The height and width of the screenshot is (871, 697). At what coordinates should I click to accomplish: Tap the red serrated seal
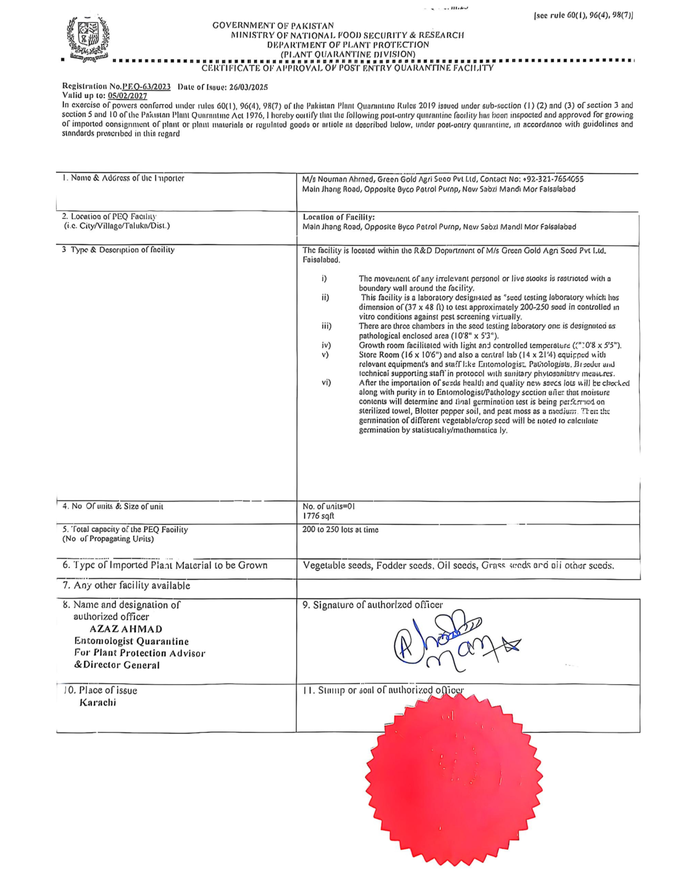[x=454, y=780]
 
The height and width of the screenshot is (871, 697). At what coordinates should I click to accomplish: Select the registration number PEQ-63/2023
[x=146, y=87]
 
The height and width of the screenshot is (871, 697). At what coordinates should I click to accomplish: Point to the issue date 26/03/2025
[x=248, y=87]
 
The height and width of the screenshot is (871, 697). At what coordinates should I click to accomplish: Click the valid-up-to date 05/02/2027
[x=127, y=96]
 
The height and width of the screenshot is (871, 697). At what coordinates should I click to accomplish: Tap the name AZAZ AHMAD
[x=126, y=629]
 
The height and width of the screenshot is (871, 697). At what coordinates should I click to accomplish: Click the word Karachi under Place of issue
[x=97, y=702]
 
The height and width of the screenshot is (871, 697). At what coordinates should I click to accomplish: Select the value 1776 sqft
[x=319, y=516]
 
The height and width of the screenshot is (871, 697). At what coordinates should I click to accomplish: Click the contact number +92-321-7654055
[x=553, y=179]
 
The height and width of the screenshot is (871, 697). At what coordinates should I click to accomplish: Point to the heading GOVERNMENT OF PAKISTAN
[x=273, y=26]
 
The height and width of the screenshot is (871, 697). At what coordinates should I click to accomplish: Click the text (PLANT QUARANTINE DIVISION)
[x=348, y=54]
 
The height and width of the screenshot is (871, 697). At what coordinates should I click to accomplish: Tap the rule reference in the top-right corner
[x=583, y=16]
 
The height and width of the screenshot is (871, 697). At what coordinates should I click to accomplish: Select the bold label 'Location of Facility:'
[x=339, y=217]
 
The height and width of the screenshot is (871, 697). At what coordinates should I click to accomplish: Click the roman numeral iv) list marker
[x=326, y=345]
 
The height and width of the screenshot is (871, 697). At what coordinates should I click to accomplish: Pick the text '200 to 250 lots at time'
[x=340, y=530]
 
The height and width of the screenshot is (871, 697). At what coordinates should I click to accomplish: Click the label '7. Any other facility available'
[x=126, y=586]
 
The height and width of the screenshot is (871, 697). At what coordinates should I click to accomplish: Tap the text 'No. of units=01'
[x=329, y=506]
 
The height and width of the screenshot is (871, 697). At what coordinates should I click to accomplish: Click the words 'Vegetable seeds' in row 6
[x=337, y=566]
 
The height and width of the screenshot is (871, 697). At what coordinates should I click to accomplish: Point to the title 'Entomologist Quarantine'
[x=131, y=641]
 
